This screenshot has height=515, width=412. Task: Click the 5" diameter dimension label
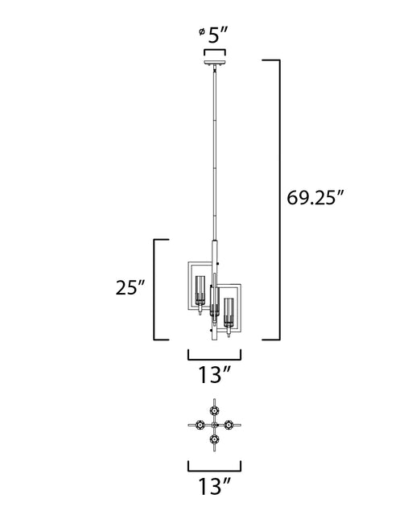coord(218,35)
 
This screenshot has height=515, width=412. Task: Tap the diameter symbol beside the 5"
coord(201,31)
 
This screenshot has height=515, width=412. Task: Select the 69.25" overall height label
coord(315,198)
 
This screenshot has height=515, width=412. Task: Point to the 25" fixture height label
coord(130,287)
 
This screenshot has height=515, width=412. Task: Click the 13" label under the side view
coord(214,375)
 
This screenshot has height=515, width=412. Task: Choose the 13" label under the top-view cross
coord(214,486)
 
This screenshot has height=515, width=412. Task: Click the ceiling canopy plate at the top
coord(215,63)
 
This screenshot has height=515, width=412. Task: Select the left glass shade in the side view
coord(200,290)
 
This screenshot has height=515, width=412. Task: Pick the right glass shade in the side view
coord(229,311)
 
